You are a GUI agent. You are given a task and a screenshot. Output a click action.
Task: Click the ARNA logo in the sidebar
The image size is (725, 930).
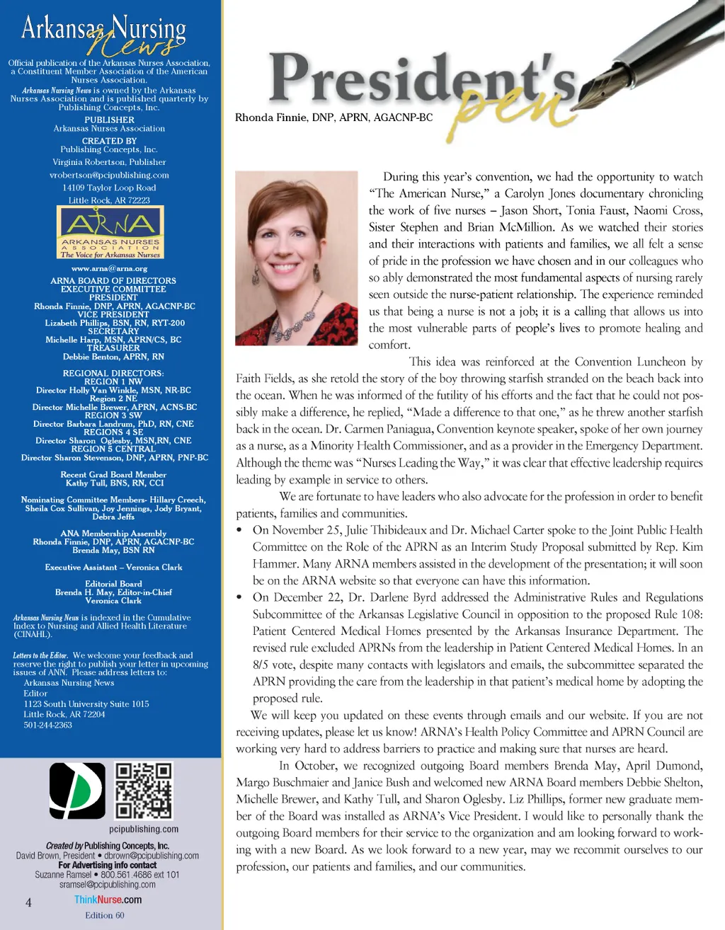pyautogui.click(x=110, y=233)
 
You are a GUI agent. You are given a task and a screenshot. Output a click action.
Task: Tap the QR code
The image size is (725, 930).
pyautogui.click(x=144, y=791)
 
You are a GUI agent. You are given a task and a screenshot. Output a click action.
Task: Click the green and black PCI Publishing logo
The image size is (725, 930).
pyautogui.click(x=77, y=791)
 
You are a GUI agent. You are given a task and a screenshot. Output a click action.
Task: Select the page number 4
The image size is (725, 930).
pyautogui.click(x=28, y=902)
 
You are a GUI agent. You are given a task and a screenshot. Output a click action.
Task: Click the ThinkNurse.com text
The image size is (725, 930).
pyautogui.click(x=108, y=900)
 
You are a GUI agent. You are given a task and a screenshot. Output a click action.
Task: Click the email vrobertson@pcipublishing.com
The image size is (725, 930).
pyautogui.click(x=109, y=175)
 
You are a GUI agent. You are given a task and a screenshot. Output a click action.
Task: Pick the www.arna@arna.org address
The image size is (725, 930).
pyautogui.click(x=109, y=268)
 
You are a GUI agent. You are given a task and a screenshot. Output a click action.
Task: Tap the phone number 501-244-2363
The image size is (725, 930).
pyautogui.click(x=47, y=725)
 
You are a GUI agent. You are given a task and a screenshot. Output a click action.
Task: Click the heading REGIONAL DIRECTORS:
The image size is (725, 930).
pyautogui.click(x=113, y=373)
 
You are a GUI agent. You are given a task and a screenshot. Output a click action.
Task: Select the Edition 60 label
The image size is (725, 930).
pyautogui.click(x=105, y=915)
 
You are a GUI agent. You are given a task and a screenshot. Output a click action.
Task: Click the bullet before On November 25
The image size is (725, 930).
pyautogui.click(x=239, y=530)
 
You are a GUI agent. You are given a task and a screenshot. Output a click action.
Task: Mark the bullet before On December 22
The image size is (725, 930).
pyautogui.click(x=239, y=597)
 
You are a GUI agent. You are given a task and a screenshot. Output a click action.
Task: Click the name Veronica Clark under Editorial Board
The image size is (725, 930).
pyautogui.click(x=113, y=600)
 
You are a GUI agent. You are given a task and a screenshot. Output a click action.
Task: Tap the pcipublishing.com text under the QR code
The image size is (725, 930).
pyautogui.click(x=144, y=829)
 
